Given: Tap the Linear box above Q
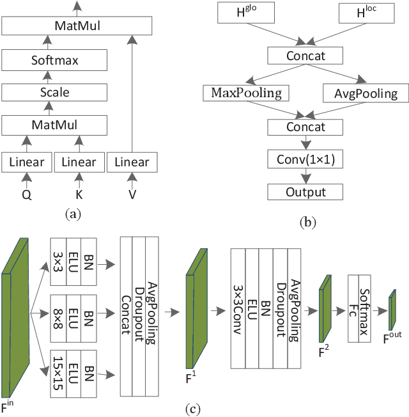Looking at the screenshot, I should pyautogui.click(x=26, y=162).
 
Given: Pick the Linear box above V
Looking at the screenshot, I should pyautogui.click(x=131, y=162).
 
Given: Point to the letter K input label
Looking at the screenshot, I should pyautogui.click(x=79, y=194).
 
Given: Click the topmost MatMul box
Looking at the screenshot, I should pyautogui.click(x=77, y=26).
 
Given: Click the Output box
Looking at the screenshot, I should pyautogui.click(x=305, y=192).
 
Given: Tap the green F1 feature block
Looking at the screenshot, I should pyautogui.click(x=197, y=310).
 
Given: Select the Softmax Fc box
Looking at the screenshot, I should pyautogui.click(x=362, y=301).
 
